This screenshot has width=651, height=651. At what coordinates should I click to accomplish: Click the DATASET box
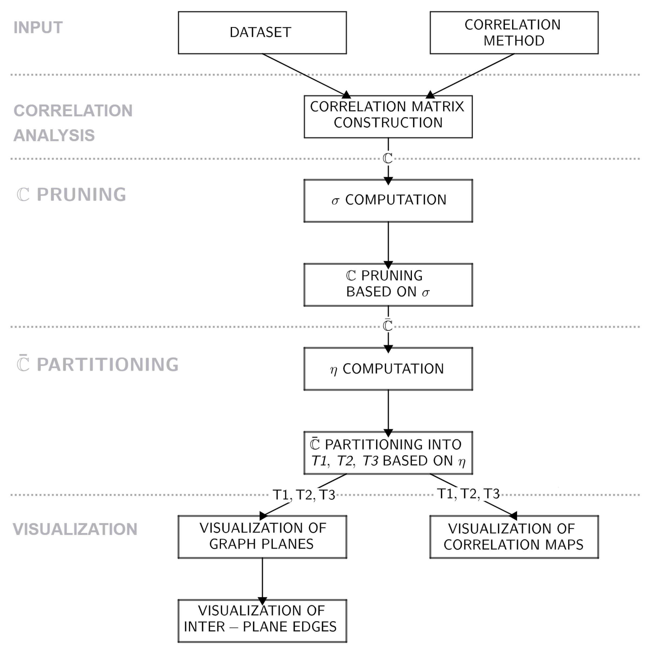click(x=262, y=33)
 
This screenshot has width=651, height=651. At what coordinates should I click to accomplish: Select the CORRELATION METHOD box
click(x=514, y=33)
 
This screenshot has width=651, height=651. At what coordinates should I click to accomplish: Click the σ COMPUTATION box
click(x=388, y=200)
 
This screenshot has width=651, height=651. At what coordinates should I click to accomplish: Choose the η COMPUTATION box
click(x=388, y=369)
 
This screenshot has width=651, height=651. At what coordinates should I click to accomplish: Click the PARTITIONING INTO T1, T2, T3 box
click(x=388, y=453)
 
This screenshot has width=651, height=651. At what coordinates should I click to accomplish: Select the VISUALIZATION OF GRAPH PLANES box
click(x=262, y=537)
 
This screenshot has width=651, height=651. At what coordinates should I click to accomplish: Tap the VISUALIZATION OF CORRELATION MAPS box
click(x=514, y=537)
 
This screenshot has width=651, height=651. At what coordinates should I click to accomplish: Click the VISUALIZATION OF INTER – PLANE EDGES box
click(x=262, y=621)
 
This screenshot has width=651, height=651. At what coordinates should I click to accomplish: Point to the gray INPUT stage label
click(x=38, y=28)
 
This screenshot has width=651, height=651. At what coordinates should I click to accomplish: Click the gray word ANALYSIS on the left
click(x=54, y=135)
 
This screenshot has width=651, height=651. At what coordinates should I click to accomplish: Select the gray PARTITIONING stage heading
click(x=107, y=365)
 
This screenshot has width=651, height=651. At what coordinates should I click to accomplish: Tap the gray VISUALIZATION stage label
click(x=75, y=529)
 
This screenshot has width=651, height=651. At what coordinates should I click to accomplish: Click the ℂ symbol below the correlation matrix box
click(x=388, y=158)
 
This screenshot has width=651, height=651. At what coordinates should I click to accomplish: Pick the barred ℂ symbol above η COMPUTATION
click(x=388, y=326)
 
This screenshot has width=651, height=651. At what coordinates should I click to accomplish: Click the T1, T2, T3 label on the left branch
click(x=304, y=495)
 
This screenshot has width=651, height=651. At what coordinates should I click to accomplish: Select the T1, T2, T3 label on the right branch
click(x=468, y=494)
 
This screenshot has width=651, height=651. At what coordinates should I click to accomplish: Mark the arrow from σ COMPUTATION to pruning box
click(x=388, y=243)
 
